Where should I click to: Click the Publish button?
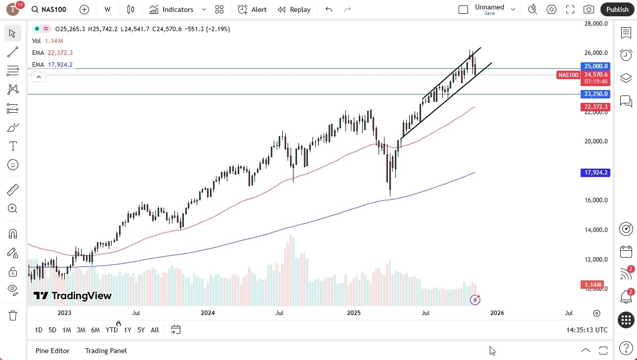click(x=617, y=9)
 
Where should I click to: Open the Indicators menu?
click(x=171, y=9)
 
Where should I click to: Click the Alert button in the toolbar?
click(x=252, y=9)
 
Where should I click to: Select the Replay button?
click(x=294, y=9)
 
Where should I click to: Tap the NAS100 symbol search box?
click(x=49, y=9)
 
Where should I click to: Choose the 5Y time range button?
click(x=141, y=330)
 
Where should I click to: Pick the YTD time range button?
click(x=112, y=330)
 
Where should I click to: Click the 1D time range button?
click(x=39, y=330)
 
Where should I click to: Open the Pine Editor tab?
click(x=52, y=351)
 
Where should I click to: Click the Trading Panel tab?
click(x=106, y=351)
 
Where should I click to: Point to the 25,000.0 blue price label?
click(x=595, y=66)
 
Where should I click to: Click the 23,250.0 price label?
click(x=595, y=94)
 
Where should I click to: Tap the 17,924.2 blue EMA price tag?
click(x=595, y=173)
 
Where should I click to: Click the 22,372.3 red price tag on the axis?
click(x=595, y=107)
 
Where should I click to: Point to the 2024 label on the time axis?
click(x=208, y=313)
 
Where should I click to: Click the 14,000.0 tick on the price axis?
click(x=595, y=230)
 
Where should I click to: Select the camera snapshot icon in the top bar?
click(x=589, y=9)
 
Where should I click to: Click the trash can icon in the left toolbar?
click(x=13, y=315)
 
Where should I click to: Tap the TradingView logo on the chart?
click(x=73, y=296)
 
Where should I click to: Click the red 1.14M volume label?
click(x=593, y=285)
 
